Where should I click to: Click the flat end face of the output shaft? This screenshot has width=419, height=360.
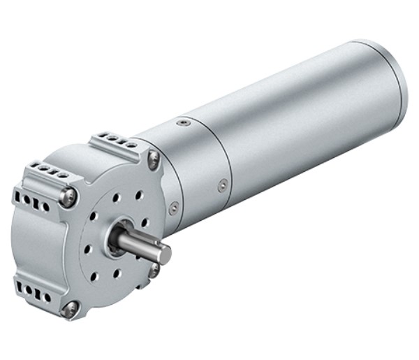(x=164, y=255)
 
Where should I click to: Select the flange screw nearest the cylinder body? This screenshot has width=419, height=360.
(x=154, y=159)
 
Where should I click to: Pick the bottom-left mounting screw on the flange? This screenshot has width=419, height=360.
(x=69, y=308)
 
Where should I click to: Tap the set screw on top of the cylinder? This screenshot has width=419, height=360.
(x=184, y=123)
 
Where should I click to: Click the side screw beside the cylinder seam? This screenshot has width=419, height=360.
(x=223, y=185)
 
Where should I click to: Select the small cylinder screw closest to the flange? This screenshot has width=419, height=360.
(x=174, y=207)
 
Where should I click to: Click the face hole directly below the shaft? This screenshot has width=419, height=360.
(x=117, y=273)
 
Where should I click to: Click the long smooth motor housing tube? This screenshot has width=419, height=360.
(x=307, y=119)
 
